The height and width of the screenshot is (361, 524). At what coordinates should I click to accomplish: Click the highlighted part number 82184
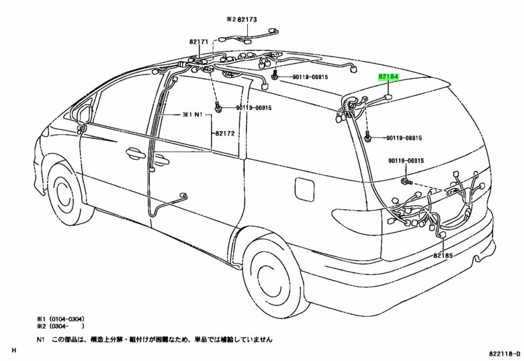[x=388, y=78]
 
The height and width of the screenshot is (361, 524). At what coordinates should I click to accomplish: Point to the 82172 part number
[x=224, y=133]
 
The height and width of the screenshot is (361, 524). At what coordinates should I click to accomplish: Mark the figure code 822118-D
[x=498, y=352]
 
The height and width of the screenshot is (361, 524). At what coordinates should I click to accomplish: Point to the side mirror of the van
[x=83, y=114]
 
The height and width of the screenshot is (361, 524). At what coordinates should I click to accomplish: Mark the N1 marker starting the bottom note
[x=41, y=340]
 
